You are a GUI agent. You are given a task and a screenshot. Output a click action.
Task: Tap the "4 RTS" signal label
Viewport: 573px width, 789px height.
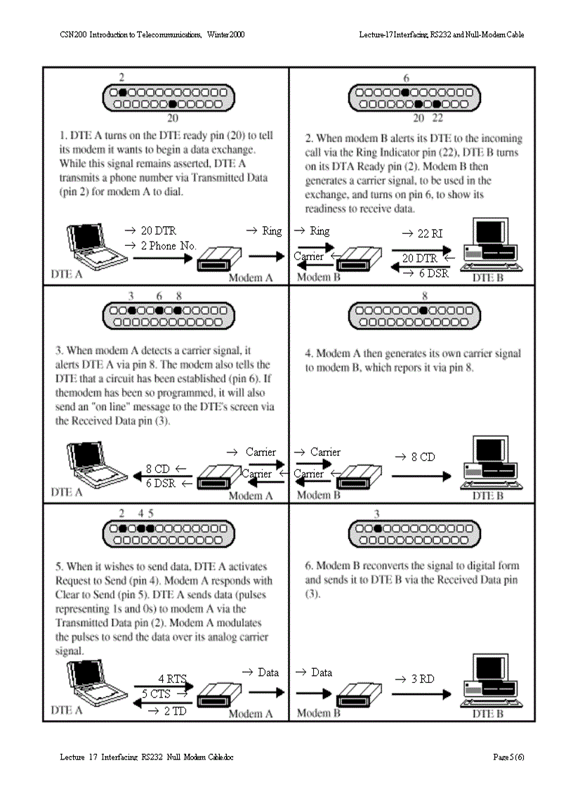coord(172,679)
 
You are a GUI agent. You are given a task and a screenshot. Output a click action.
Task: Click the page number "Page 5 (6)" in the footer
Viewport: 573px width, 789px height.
coord(508,757)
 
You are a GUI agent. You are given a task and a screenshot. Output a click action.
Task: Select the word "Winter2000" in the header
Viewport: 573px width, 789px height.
coord(226,34)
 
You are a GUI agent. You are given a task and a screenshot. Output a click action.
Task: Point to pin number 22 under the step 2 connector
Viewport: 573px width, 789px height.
coord(437,118)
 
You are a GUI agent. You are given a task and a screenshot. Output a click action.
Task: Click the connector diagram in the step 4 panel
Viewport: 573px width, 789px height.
coord(410,316)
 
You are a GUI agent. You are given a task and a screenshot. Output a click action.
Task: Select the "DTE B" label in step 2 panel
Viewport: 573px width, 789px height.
coord(487,278)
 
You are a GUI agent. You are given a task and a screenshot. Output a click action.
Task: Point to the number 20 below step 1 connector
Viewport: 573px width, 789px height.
coord(172,118)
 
